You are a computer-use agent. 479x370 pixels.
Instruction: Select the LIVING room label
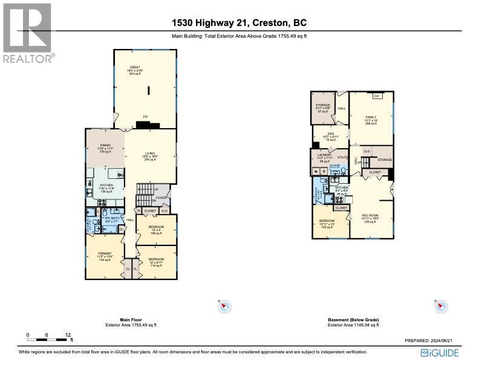coord(151,153)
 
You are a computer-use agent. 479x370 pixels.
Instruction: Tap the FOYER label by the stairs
coord(161,196)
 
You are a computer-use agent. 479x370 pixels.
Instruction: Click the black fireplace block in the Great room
coord(148,125)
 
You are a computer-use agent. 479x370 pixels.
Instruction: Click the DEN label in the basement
coord(330,134)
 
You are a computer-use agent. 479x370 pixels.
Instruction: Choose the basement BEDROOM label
coord(327,221)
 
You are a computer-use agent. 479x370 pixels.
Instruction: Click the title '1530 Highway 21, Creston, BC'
coord(239,23)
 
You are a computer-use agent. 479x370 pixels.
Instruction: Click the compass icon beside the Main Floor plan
coord(224,307)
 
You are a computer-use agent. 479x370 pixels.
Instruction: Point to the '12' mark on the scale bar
coord(68,334)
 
